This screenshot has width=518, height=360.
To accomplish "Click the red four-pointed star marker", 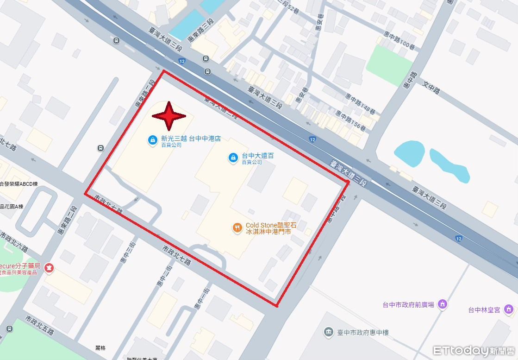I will point(169,116).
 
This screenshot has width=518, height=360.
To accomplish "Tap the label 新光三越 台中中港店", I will point(190,138).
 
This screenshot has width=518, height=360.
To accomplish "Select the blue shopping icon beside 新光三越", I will point(152,139).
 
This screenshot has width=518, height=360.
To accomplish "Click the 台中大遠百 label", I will point(258,156).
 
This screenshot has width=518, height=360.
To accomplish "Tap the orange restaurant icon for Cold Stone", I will point(237,227).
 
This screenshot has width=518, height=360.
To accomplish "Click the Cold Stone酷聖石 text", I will point(270,225).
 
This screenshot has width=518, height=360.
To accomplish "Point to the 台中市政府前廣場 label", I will point(408,304).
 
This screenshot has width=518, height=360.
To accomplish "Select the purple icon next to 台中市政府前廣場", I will point(443,304).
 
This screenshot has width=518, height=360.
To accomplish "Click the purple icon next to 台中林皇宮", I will point(509,309).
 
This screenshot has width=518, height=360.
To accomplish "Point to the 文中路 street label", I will point(431,86).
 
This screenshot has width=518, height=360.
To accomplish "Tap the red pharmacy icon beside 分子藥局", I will point(49,267).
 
